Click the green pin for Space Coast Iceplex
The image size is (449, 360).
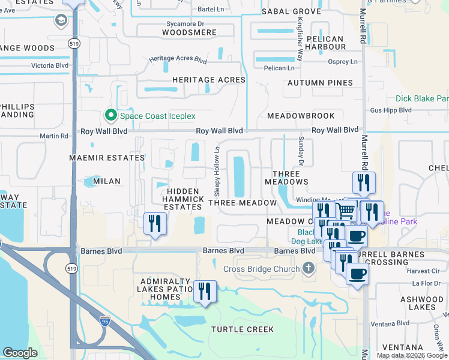tap(110, 115)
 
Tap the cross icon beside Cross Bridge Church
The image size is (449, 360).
tap(309, 268)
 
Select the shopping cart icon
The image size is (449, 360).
tap(346, 211)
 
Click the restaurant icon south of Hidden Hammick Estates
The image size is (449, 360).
tap(155, 223)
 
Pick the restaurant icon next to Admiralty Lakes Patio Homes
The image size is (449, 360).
tap(205, 292)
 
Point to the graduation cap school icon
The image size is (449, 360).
tap(61, 21)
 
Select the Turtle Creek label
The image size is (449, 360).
tap(243, 329)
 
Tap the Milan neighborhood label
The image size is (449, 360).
tap(107, 181)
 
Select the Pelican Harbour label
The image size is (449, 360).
tap(325, 42)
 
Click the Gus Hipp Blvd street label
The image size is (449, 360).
tap(391, 110)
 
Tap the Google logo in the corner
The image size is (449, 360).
tap(20, 353)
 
